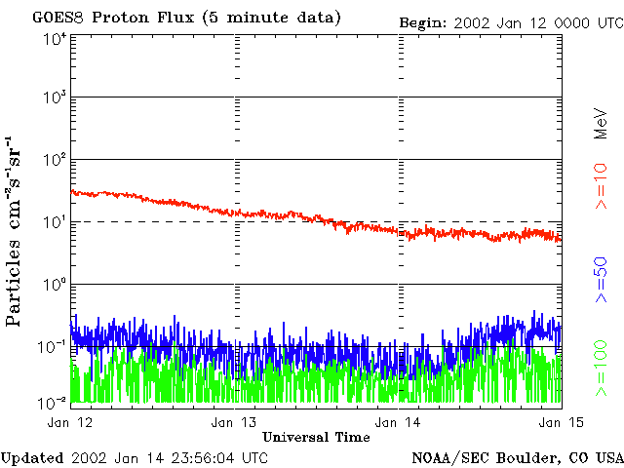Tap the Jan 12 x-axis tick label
(71, 421)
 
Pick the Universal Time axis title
(316, 438)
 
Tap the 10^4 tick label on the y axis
(54, 39)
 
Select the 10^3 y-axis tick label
(54, 99)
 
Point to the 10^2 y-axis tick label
(54, 160)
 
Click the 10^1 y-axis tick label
(54, 222)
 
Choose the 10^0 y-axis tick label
(54, 285)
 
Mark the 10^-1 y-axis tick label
(52, 346)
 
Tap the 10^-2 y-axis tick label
(52, 402)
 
